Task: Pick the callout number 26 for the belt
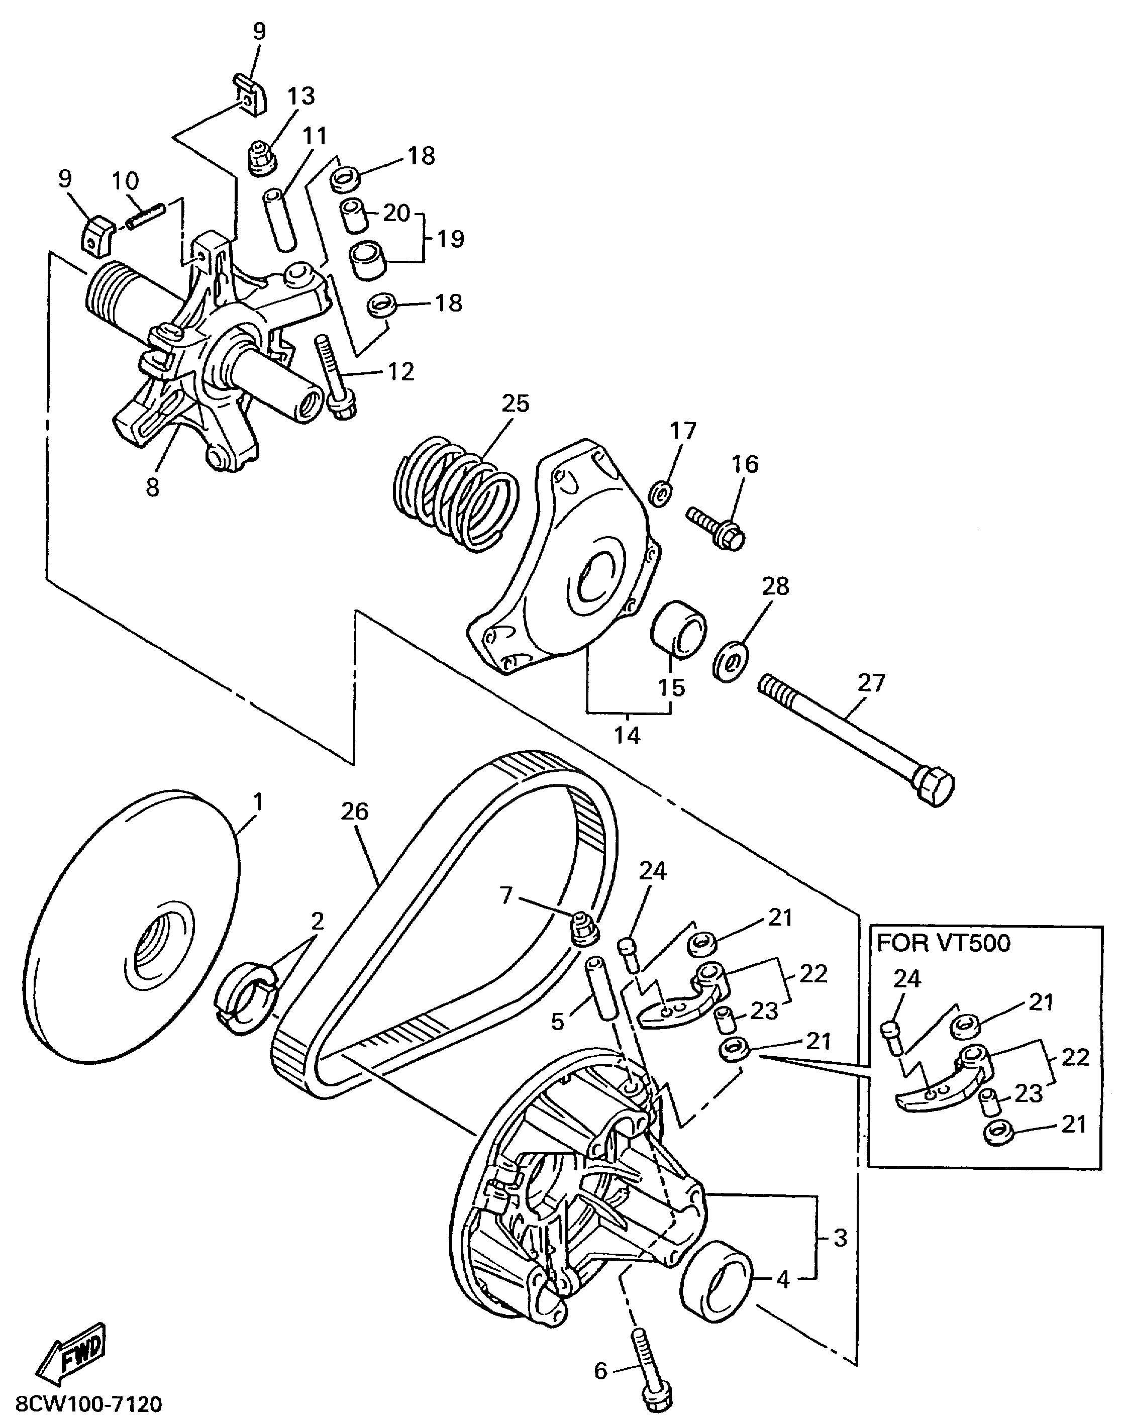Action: [355, 812]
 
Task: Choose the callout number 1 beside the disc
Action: [258, 801]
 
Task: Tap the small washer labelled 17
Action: [660, 494]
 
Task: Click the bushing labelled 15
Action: [678, 628]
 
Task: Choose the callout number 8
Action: [152, 487]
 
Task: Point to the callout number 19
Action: [451, 238]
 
